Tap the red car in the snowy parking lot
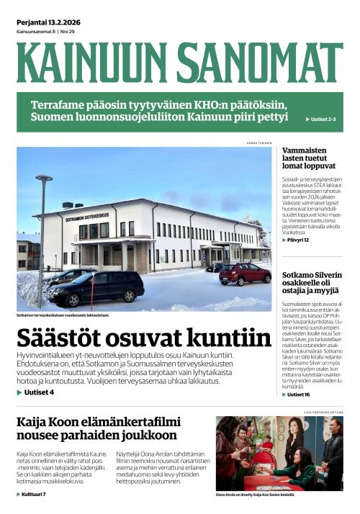[x=245, y=273]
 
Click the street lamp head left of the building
[x=44, y=178]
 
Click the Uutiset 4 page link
[x=36, y=392]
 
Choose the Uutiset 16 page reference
[x=297, y=394]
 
